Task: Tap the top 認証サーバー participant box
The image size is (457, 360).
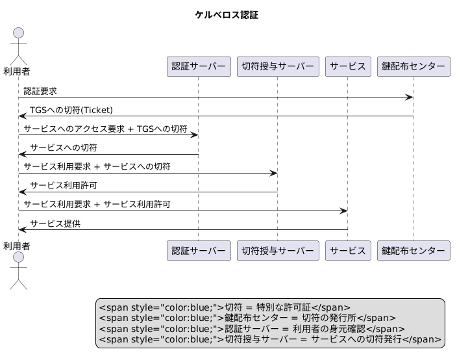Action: pyautogui.click(x=198, y=66)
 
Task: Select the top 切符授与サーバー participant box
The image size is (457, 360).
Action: pyautogui.click(x=278, y=66)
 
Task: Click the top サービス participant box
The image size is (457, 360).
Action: pyautogui.click(x=348, y=66)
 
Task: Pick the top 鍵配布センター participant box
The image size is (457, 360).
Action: pyautogui.click(x=413, y=66)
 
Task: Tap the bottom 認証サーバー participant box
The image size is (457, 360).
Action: pyautogui.click(x=198, y=250)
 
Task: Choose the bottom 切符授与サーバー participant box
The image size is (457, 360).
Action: pyautogui.click(x=278, y=250)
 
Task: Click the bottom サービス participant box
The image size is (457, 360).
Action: pyautogui.click(x=348, y=250)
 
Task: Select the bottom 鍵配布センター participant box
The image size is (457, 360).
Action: pyautogui.click(x=413, y=250)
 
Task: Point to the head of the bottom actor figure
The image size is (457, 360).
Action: pyautogui.click(x=18, y=258)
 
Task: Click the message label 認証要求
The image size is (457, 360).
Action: pyautogui.click(x=41, y=91)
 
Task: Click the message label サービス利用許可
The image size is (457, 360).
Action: pyautogui.click(x=64, y=185)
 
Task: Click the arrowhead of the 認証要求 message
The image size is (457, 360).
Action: pyautogui.click(x=410, y=97)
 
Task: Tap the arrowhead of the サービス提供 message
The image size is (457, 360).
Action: pyautogui.click(x=22, y=229)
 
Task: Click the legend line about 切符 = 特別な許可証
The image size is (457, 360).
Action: pyautogui.click(x=224, y=307)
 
